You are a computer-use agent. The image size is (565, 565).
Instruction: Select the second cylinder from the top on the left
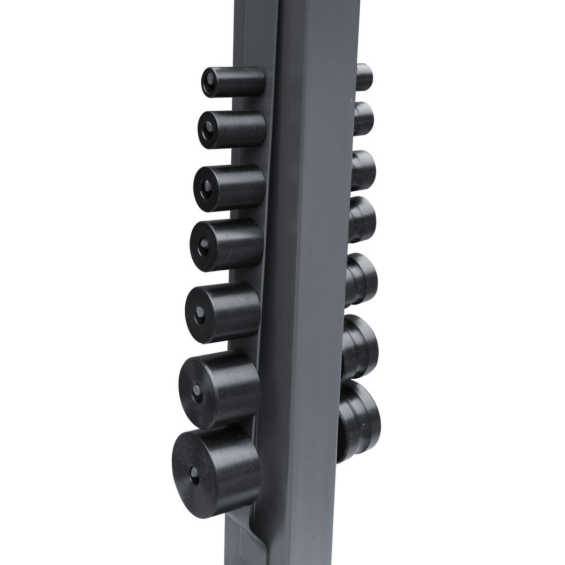(x=232, y=126)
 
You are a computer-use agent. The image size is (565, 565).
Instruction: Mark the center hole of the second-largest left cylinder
(x=197, y=389)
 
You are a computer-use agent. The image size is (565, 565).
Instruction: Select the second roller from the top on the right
(x=364, y=118)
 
